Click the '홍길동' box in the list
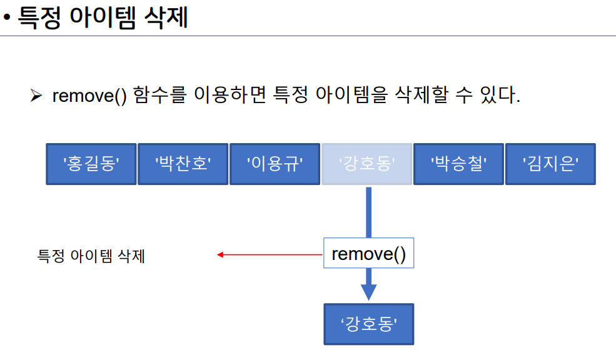point(91,164)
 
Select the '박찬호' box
point(183,164)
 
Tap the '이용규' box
point(275,164)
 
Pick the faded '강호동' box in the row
point(367,164)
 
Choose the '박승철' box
point(458,164)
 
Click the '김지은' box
point(550,164)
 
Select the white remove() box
point(368,253)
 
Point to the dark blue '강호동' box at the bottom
point(368,324)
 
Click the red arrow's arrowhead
point(220,254)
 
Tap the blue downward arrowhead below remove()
point(368,292)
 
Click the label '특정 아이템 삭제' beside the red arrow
point(91,256)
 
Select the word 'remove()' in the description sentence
point(89,96)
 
